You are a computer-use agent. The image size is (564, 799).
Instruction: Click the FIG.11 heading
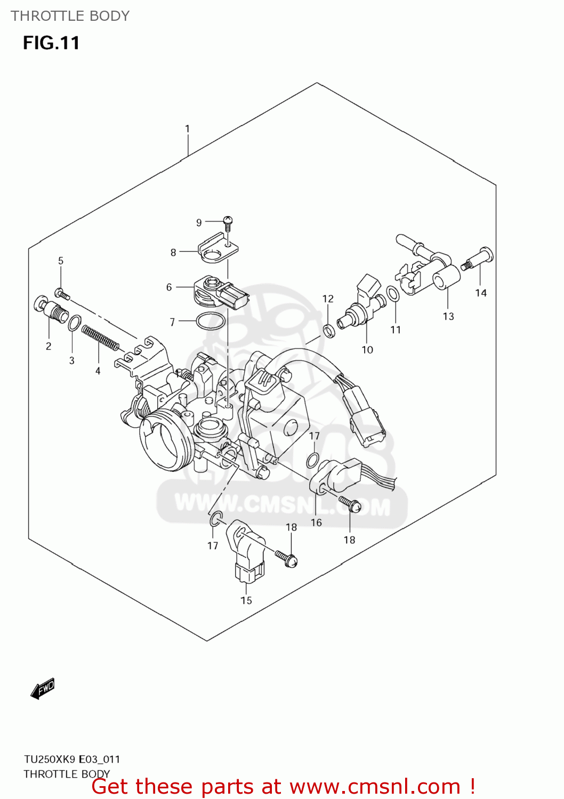pyautogui.click(x=51, y=43)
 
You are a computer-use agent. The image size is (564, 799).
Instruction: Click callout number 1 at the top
pyautogui.click(x=187, y=129)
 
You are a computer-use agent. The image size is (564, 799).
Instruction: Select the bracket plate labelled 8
pyautogui.click(x=217, y=249)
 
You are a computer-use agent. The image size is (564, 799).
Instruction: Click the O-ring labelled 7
pyautogui.click(x=210, y=321)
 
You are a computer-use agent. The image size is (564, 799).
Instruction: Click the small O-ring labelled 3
pyautogui.click(x=75, y=323)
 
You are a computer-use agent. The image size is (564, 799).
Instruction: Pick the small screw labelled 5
pyautogui.click(x=62, y=293)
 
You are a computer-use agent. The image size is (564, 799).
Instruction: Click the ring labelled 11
pyautogui.click(x=393, y=293)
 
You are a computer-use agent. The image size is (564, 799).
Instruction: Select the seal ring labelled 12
pyautogui.click(x=329, y=331)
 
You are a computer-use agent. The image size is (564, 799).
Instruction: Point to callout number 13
pyautogui.click(x=448, y=316)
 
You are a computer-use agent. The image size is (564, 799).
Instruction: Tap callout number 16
pyautogui.click(x=316, y=523)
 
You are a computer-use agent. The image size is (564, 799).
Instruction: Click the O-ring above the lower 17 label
pyautogui.click(x=215, y=519)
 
